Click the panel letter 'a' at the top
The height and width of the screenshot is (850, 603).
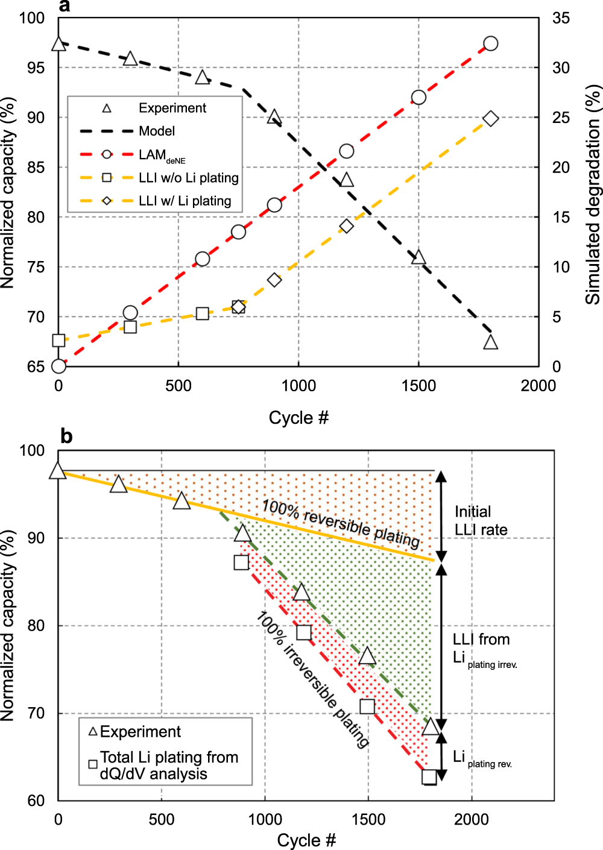click(65, 7)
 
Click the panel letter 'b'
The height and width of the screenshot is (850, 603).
click(66, 436)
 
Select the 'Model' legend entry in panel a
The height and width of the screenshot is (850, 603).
click(157, 131)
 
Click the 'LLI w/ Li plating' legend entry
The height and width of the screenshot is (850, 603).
click(185, 201)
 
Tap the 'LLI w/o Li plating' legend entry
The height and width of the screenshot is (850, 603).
click(188, 178)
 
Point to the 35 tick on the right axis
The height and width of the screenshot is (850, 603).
click(561, 18)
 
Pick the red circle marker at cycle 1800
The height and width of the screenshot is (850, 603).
click(491, 43)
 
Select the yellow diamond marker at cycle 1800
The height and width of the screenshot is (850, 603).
click(491, 119)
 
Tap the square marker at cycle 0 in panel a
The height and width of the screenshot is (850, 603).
click(58, 341)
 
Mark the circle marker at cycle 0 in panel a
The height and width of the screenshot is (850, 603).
click(58, 366)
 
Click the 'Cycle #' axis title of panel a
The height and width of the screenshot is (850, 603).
click(298, 418)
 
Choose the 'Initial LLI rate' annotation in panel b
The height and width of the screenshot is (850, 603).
click(481, 521)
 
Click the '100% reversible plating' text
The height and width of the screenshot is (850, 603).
click(341, 523)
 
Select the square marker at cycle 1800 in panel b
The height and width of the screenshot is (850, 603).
click(429, 776)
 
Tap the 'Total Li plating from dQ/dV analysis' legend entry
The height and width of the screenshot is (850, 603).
click(169, 765)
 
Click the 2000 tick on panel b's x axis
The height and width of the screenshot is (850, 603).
click(472, 819)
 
